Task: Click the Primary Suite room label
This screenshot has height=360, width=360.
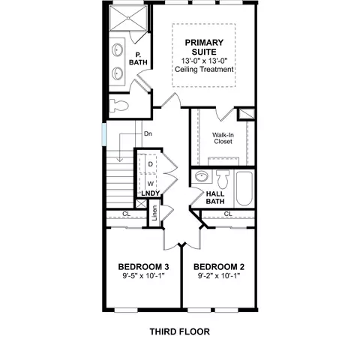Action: pyautogui.click(x=204, y=47)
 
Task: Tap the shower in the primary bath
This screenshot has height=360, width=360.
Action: pyautogui.click(x=128, y=18)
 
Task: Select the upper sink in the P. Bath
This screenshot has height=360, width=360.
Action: pyautogui.click(x=117, y=49)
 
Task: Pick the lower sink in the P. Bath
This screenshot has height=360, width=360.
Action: pyautogui.click(x=117, y=73)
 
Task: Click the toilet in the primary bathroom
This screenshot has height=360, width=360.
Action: pyautogui.click(x=118, y=106)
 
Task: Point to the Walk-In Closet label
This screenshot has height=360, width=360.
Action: pyautogui.click(x=223, y=138)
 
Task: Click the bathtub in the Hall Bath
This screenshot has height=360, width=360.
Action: pyautogui.click(x=244, y=188)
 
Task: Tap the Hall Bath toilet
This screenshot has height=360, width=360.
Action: pyautogui.click(x=223, y=179)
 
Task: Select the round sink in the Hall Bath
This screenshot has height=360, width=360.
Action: pyautogui.click(x=202, y=176)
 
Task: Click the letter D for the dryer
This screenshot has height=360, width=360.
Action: pyautogui.click(x=150, y=164)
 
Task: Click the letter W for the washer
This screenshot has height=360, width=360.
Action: pyautogui.click(x=151, y=184)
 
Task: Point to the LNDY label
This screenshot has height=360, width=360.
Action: pyautogui.click(x=151, y=193)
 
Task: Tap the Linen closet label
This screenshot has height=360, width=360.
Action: pyautogui.click(x=154, y=213)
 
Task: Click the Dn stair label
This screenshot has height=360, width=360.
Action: pyautogui.click(x=148, y=133)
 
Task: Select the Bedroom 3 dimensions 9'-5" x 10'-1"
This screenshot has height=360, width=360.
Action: pyautogui.click(x=143, y=276)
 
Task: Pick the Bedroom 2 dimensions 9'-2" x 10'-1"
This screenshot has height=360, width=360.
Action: pyautogui.click(x=219, y=276)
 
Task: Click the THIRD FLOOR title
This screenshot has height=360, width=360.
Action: pyautogui.click(x=180, y=331)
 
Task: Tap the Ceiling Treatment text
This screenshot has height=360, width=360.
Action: pyautogui.click(x=204, y=69)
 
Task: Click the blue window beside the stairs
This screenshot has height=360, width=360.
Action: pyautogui.click(x=104, y=134)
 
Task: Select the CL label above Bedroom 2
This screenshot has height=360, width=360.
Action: pyautogui.click(x=228, y=214)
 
